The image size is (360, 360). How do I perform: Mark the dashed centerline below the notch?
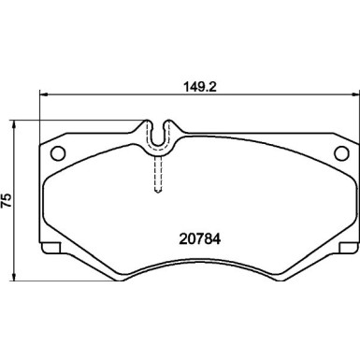point(159,173)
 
